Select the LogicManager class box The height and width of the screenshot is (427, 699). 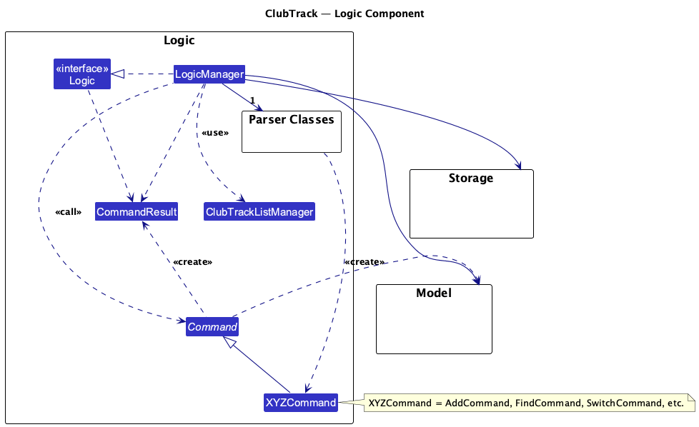(x=209, y=74)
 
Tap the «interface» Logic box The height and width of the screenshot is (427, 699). (x=82, y=74)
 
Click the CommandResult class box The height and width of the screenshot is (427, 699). (x=136, y=212)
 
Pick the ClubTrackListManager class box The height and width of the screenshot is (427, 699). (x=259, y=212)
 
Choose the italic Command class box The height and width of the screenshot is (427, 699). (x=212, y=327)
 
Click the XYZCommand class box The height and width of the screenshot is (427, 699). (x=300, y=403)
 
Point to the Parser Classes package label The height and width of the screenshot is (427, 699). (x=291, y=120)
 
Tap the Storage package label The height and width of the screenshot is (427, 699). (x=471, y=178)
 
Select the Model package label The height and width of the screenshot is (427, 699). (x=434, y=293)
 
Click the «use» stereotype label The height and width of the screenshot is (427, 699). (x=215, y=134)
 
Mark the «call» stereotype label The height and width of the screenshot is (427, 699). (x=68, y=212)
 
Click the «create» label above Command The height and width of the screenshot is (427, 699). (x=192, y=262)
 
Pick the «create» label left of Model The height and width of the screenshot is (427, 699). (x=364, y=262)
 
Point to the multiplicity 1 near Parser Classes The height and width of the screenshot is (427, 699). (x=252, y=100)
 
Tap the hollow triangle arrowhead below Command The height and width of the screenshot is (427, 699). (x=228, y=343)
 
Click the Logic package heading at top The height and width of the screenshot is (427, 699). (x=179, y=41)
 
